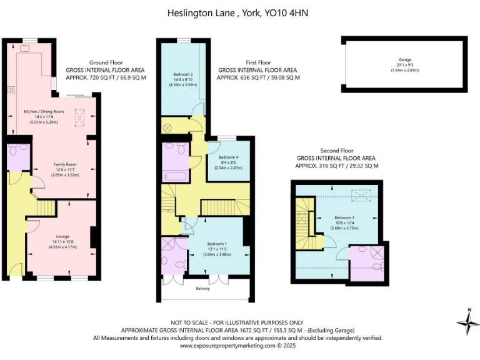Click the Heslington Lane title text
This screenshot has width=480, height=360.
point(240,12)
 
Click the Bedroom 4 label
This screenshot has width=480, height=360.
point(228,157)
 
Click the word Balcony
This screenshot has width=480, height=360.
point(202,288)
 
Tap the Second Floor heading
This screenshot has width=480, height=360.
point(337,151)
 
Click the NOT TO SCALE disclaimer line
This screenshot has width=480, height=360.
point(240,322)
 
